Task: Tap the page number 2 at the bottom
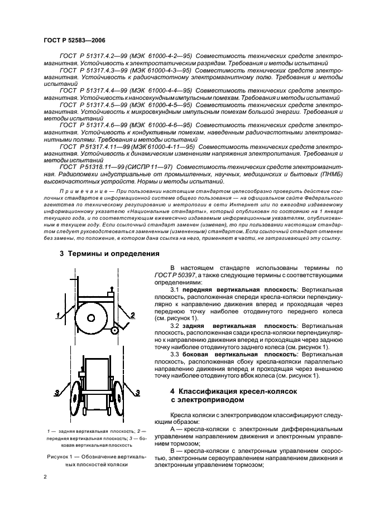(45, 477)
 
